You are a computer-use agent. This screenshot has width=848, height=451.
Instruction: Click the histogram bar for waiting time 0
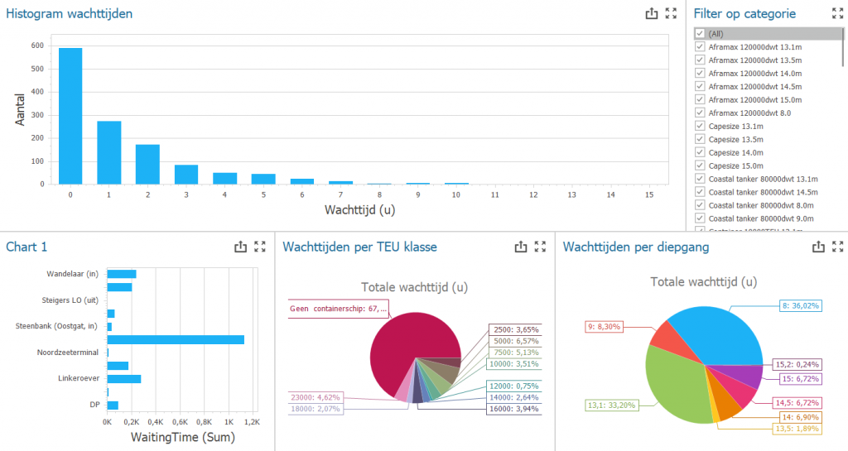[x=70, y=116]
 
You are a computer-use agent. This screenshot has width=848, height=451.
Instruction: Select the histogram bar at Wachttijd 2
[x=147, y=164]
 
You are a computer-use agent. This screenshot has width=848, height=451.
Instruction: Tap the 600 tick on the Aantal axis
[x=38, y=46]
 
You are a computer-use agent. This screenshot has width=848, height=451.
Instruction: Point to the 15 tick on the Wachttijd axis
[x=648, y=194]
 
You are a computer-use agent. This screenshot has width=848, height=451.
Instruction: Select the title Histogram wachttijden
[x=70, y=13]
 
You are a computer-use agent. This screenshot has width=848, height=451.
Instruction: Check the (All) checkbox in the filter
[x=700, y=33]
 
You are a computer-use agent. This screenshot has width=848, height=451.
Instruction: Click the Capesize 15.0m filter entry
[x=736, y=166]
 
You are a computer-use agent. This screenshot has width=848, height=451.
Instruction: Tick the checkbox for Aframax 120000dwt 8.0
[x=700, y=113]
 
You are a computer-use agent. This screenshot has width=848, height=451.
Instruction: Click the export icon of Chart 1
[x=240, y=246]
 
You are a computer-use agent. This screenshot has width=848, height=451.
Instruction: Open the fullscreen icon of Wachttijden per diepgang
[x=837, y=246]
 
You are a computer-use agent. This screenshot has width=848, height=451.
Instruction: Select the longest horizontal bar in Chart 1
[x=176, y=339]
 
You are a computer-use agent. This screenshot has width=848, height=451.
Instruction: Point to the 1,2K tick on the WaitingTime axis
[x=251, y=422]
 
